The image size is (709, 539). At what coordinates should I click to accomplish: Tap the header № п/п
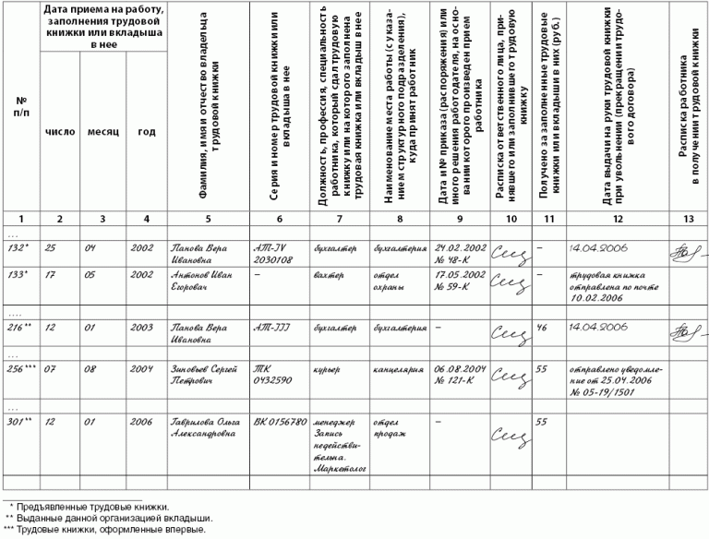(x=20, y=106)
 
